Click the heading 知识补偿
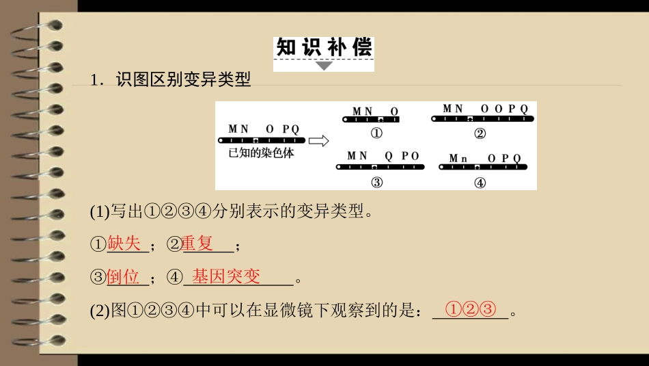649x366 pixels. click(324, 48)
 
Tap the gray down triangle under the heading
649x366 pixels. click(324, 66)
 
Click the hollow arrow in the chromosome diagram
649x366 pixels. click(318, 141)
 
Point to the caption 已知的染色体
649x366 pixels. click(262, 154)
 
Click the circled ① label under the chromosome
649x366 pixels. click(376, 133)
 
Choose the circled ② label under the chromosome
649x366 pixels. click(480, 133)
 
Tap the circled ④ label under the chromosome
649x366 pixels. click(480, 183)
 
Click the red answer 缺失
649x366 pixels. click(124, 243)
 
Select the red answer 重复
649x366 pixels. click(198, 243)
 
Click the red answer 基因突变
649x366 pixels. click(225, 276)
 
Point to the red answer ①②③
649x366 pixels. click(469, 309)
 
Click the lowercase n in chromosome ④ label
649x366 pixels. click(463, 159)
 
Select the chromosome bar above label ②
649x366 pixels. click(482, 119)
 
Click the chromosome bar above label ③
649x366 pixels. click(381, 166)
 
